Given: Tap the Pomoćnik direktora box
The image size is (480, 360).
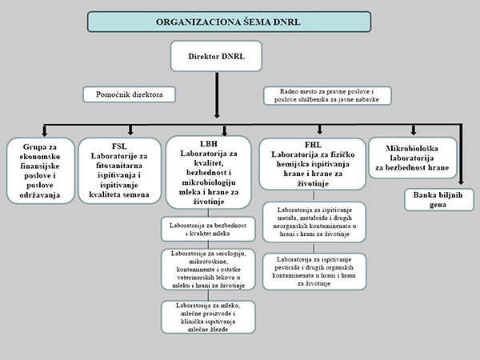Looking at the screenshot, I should pos(129,94).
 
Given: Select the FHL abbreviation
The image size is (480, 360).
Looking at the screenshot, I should pos(313,146).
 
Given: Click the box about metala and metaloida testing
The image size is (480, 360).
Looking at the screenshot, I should pos(313,222).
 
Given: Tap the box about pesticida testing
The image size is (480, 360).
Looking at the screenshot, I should pos(313,270).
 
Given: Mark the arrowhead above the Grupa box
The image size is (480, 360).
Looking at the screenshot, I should pos(44,133).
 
